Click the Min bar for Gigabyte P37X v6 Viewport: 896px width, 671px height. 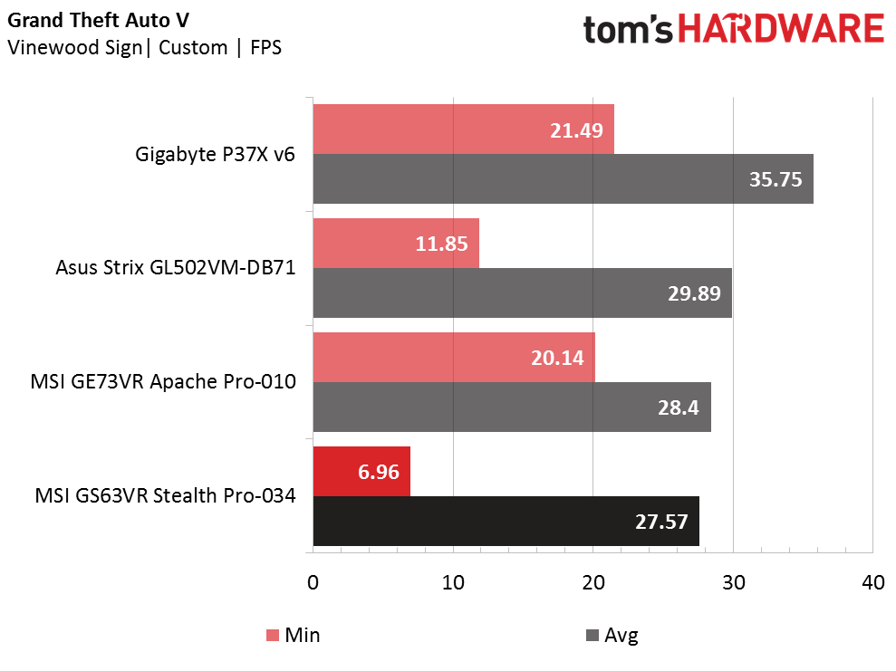pyautogui.click(x=464, y=129)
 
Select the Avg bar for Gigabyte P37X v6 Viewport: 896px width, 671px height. pyautogui.click(x=563, y=178)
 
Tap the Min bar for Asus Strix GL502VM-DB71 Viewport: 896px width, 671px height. pyautogui.click(x=396, y=244)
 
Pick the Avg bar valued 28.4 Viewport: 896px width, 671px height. pyautogui.click(x=512, y=407)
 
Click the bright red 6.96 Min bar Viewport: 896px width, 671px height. pyautogui.click(x=361, y=472)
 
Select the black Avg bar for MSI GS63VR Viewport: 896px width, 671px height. pyautogui.click(x=506, y=521)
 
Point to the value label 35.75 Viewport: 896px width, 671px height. pyautogui.click(x=776, y=179)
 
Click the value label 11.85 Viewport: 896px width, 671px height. pyautogui.click(x=441, y=244)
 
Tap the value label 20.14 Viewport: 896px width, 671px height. pyautogui.click(x=557, y=358)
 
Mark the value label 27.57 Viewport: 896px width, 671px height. pyautogui.click(x=661, y=522)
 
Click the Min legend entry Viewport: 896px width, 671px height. pyautogui.click(x=294, y=635)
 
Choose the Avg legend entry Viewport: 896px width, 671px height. pyautogui.click(x=612, y=635)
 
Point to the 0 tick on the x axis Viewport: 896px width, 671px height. pyautogui.click(x=313, y=582)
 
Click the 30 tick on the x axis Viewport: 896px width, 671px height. pyautogui.click(x=734, y=582)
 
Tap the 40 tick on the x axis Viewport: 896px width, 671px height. pyautogui.click(x=873, y=582)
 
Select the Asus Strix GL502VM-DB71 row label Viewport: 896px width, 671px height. pyautogui.click(x=176, y=267)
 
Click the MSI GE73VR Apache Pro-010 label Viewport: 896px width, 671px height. pyautogui.click(x=163, y=381)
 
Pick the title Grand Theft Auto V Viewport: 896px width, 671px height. pyautogui.click(x=98, y=20)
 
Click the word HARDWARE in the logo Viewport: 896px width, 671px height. pyautogui.click(x=781, y=29)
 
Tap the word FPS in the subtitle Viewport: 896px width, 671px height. pyautogui.click(x=265, y=47)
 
